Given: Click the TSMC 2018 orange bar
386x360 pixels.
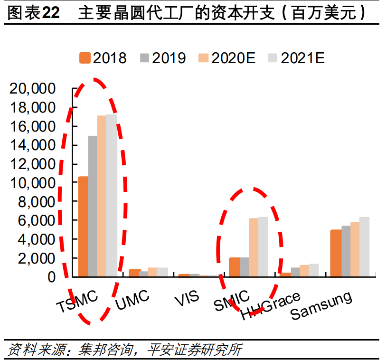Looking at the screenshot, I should (83, 227).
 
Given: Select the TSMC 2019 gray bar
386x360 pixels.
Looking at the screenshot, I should (93, 206).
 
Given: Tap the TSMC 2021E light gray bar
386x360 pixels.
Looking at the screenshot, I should (112, 195).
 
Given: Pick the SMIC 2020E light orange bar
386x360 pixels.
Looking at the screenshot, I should (254, 247).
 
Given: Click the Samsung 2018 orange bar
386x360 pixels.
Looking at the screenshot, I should (335, 253).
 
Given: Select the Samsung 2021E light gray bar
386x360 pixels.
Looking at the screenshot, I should (364, 247).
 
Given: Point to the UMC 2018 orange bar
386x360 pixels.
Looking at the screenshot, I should (134, 273).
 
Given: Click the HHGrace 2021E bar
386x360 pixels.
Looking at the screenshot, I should (313, 270).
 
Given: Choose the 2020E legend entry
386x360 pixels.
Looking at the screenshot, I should (227, 58).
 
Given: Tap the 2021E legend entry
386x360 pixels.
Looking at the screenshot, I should (296, 58).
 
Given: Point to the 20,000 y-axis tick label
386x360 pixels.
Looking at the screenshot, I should (39, 89).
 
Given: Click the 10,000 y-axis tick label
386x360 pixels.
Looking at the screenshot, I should (39, 183).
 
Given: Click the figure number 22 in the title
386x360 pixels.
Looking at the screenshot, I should (51, 13).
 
